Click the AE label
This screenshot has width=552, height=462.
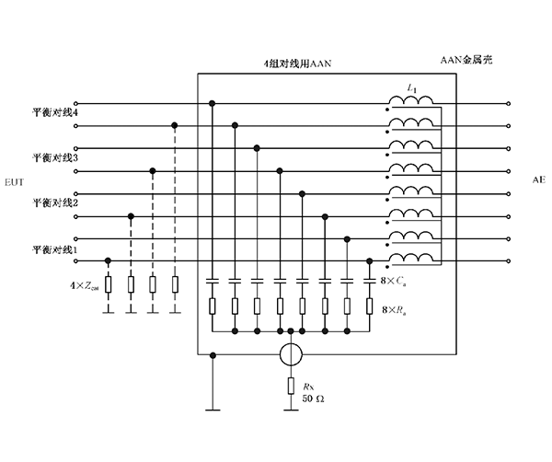click(538, 180)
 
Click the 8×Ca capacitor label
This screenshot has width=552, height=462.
click(395, 280)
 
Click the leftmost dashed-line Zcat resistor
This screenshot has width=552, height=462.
click(109, 283)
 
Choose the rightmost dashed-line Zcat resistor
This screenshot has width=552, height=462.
click(175, 283)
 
